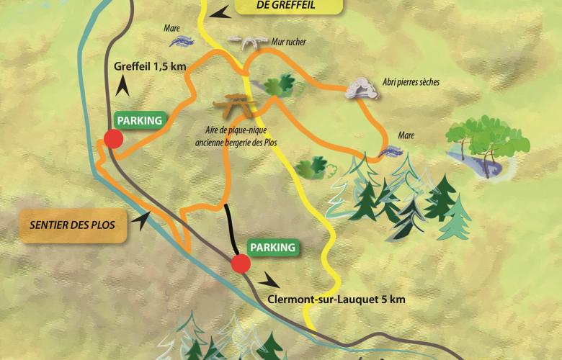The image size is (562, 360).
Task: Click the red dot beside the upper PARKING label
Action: pos(112,139)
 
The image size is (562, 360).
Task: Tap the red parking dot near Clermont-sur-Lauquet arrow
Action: pos(241,264)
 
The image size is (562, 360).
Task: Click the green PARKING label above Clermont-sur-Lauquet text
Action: pos(272,247)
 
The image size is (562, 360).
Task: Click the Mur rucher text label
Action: pos(289,42)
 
